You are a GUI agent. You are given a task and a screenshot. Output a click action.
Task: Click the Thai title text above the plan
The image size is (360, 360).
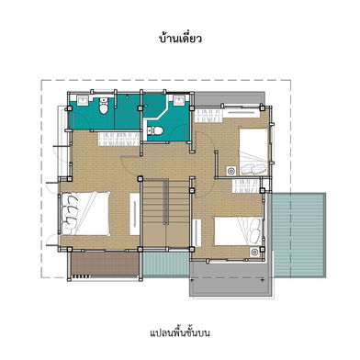pos(180,39)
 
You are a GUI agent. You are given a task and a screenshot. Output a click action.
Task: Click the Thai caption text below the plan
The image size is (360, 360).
pos(180,332)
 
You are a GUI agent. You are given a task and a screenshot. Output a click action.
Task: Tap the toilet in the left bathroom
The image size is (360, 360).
pos(104,107)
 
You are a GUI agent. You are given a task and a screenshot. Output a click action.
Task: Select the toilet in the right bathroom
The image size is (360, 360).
pos(155,130)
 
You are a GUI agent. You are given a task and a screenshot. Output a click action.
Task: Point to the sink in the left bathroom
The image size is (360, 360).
pos(83,100)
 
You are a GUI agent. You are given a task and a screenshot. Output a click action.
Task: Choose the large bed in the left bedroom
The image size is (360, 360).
pos(85,213)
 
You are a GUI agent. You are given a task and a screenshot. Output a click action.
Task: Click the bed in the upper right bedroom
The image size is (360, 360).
pos(253,152)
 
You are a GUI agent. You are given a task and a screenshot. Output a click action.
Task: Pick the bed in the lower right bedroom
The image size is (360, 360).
pos(238,231)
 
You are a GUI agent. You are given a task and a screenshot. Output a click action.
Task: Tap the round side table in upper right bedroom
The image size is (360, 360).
pos(231,171)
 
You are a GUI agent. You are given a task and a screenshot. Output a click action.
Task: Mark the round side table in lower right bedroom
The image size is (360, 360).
pos(254,252)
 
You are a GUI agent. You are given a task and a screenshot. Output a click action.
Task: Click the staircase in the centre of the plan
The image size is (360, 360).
pos(165,213)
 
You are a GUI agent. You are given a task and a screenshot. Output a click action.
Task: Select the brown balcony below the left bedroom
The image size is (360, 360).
pos(105,264)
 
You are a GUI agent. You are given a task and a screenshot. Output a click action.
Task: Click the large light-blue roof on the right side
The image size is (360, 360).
pos(299,235)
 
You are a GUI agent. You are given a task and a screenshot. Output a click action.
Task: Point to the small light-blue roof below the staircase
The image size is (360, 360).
pos(165,264)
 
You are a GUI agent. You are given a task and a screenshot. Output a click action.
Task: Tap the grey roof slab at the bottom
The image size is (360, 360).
pos(231,279)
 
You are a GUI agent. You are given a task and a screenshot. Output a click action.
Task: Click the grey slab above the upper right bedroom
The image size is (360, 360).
pos(230,98)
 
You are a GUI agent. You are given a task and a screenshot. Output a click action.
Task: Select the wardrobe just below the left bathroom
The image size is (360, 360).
pos(118,139)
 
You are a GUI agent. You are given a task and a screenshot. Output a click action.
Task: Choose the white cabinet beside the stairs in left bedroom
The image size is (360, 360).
pos(135,214)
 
